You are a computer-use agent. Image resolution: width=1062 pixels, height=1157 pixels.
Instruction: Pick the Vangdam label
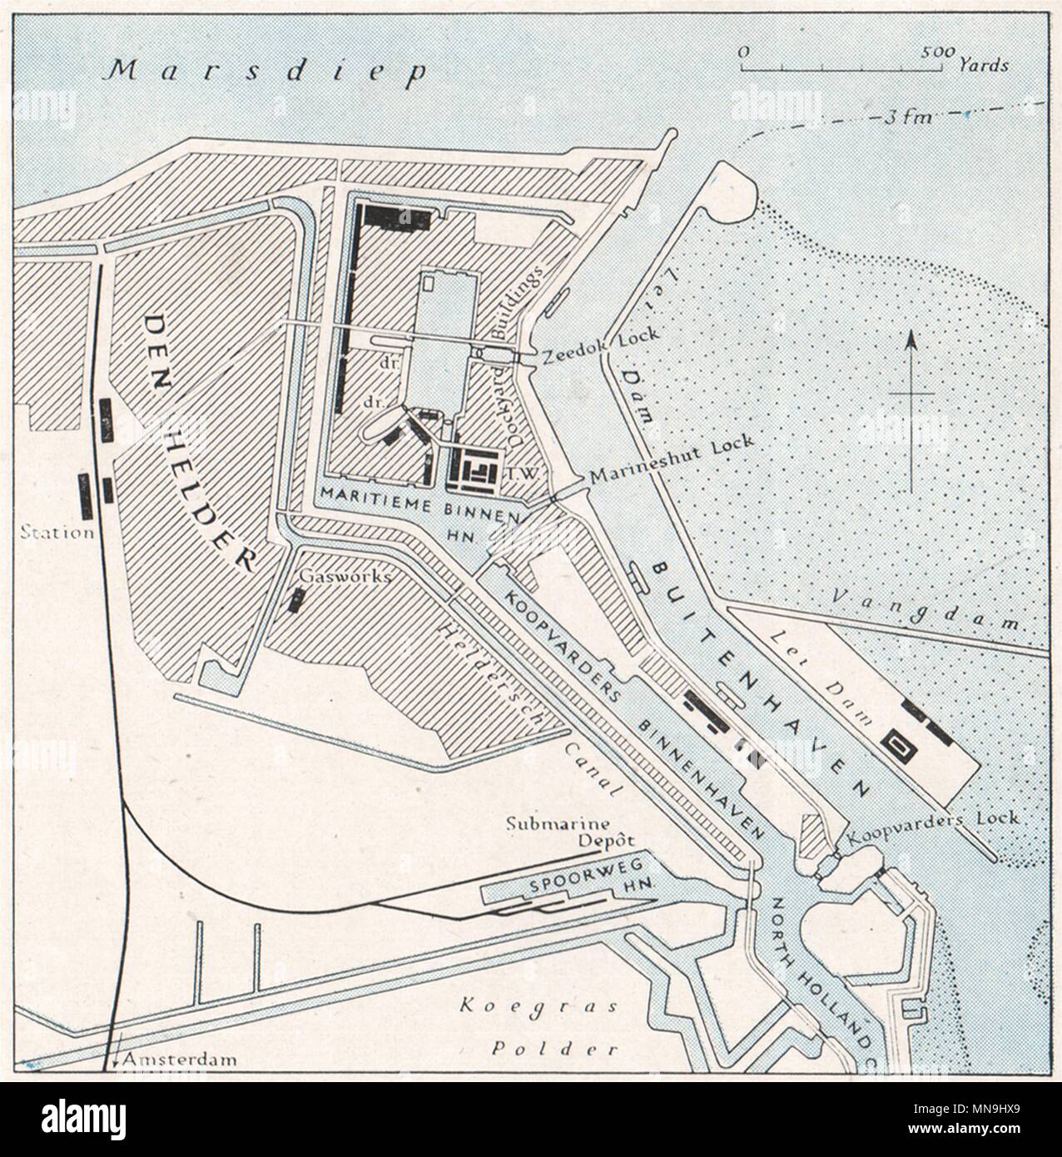tap(936, 607)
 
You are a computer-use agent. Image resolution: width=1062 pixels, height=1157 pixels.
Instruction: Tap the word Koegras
tap(538, 1006)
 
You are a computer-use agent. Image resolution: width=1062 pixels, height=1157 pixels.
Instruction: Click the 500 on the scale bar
tap(938, 52)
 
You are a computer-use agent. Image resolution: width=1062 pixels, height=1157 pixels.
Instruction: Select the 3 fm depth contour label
tap(904, 117)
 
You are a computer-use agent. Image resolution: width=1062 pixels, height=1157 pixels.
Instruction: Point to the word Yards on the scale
tap(984, 64)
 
